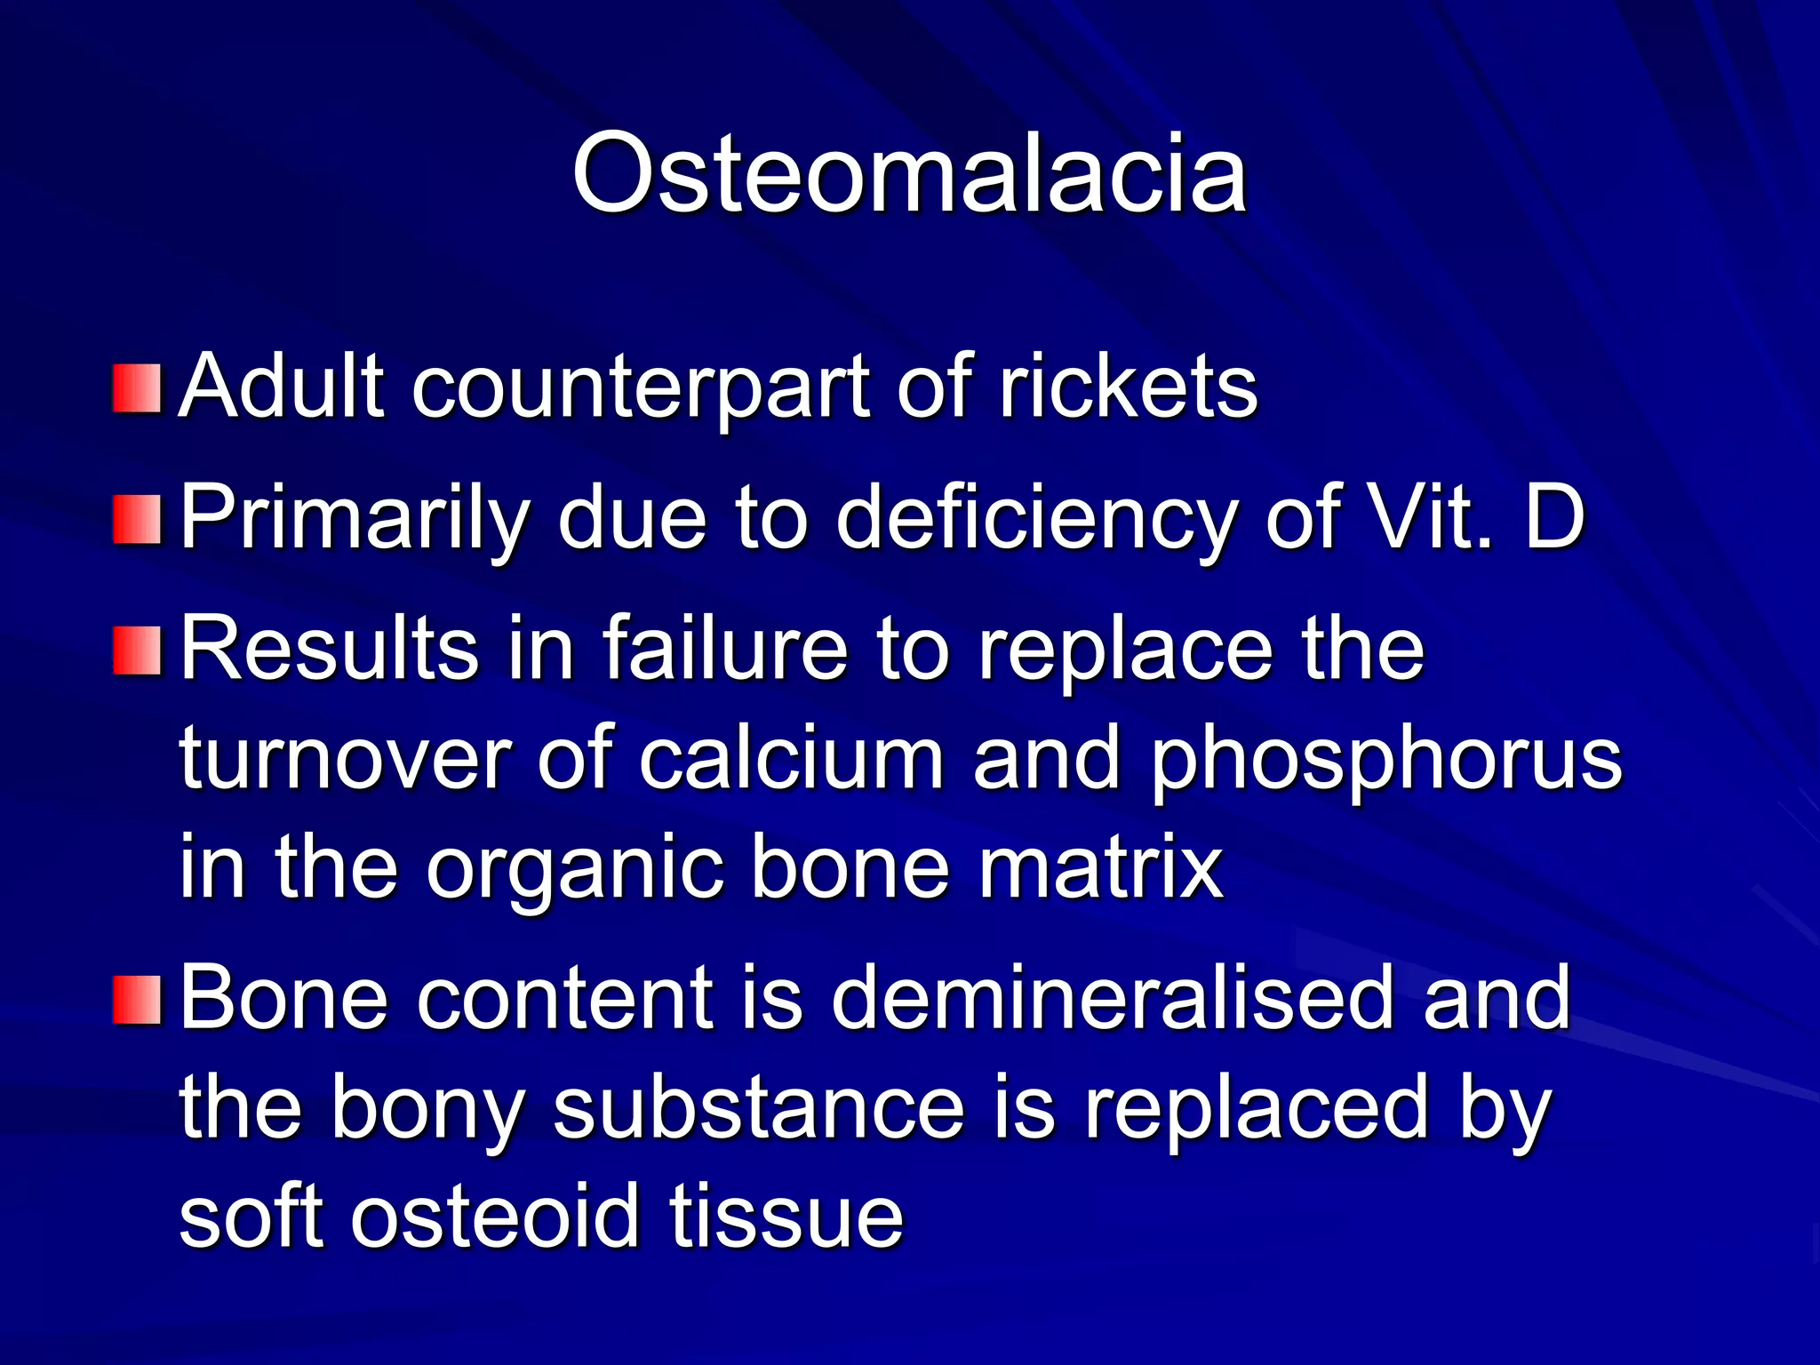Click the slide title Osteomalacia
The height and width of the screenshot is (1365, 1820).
pos(909,172)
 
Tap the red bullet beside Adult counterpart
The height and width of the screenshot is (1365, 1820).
pos(138,388)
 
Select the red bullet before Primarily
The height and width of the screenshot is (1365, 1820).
pos(138,520)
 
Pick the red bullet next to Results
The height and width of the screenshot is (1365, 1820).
pos(138,651)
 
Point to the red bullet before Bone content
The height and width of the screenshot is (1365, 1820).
pos(138,1000)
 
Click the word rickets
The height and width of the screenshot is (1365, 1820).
pos(1128,387)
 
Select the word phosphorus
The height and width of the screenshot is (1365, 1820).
pos(1386,761)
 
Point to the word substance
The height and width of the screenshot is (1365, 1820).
pos(759,1107)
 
